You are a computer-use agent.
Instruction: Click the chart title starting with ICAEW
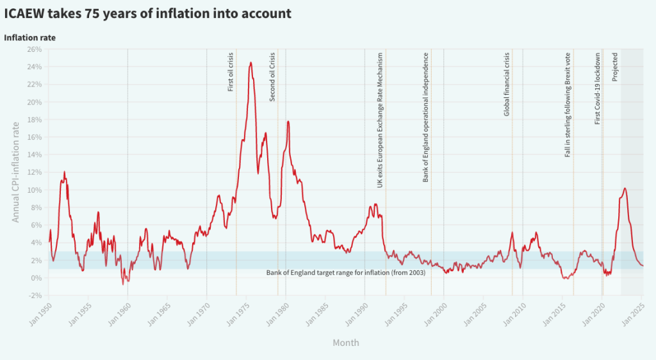[x=148, y=13]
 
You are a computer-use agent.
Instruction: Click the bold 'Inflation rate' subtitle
[x=29, y=38]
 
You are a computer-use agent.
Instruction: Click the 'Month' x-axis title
[x=345, y=343]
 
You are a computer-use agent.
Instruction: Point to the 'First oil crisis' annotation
[x=231, y=71]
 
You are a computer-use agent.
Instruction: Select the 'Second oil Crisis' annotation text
[x=272, y=76]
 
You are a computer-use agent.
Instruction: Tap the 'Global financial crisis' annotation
[x=507, y=84]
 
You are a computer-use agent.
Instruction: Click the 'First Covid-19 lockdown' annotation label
[x=598, y=87]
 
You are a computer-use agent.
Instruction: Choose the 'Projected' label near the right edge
[x=615, y=67]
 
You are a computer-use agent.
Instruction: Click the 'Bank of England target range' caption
[x=346, y=273]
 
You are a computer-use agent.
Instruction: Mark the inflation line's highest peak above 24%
[x=250, y=63]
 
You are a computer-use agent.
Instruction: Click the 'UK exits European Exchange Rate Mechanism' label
[x=380, y=120]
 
